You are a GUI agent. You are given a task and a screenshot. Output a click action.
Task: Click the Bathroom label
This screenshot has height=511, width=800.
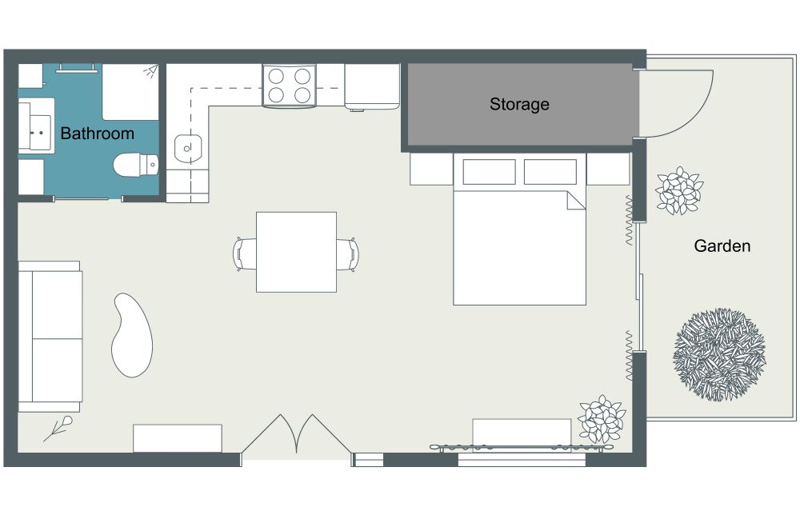[97, 134]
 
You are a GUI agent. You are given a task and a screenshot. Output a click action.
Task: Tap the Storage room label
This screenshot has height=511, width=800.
[519, 105]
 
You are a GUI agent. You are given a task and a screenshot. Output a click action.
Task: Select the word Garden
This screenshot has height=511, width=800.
[722, 246]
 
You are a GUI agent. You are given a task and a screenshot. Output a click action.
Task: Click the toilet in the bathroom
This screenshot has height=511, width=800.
[136, 165]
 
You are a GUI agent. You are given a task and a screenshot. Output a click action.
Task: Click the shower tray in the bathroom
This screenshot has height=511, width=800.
[130, 92]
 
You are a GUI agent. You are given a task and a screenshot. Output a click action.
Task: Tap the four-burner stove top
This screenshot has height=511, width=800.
[290, 85]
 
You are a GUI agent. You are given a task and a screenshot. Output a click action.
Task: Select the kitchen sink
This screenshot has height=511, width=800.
[188, 148]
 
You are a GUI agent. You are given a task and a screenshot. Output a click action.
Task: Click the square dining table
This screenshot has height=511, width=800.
[296, 252]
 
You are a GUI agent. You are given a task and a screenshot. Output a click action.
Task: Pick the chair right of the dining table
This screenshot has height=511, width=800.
[348, 254]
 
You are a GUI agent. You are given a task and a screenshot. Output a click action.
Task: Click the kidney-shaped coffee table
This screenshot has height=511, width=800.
[132, 335]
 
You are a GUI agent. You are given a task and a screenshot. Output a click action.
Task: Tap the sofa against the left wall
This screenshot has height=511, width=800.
[50, 337]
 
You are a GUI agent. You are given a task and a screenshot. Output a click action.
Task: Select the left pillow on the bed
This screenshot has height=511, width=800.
[489, 172]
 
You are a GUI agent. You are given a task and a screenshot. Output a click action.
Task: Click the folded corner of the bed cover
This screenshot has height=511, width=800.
[576, 201]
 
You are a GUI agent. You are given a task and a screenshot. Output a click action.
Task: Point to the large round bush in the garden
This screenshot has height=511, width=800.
[719, 354]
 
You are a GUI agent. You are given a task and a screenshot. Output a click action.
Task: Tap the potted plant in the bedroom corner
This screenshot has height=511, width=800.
[602, 419]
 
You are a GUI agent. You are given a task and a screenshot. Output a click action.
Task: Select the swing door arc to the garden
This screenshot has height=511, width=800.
[698, 115]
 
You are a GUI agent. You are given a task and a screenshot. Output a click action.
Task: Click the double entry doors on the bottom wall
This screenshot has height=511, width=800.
[297, 434]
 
